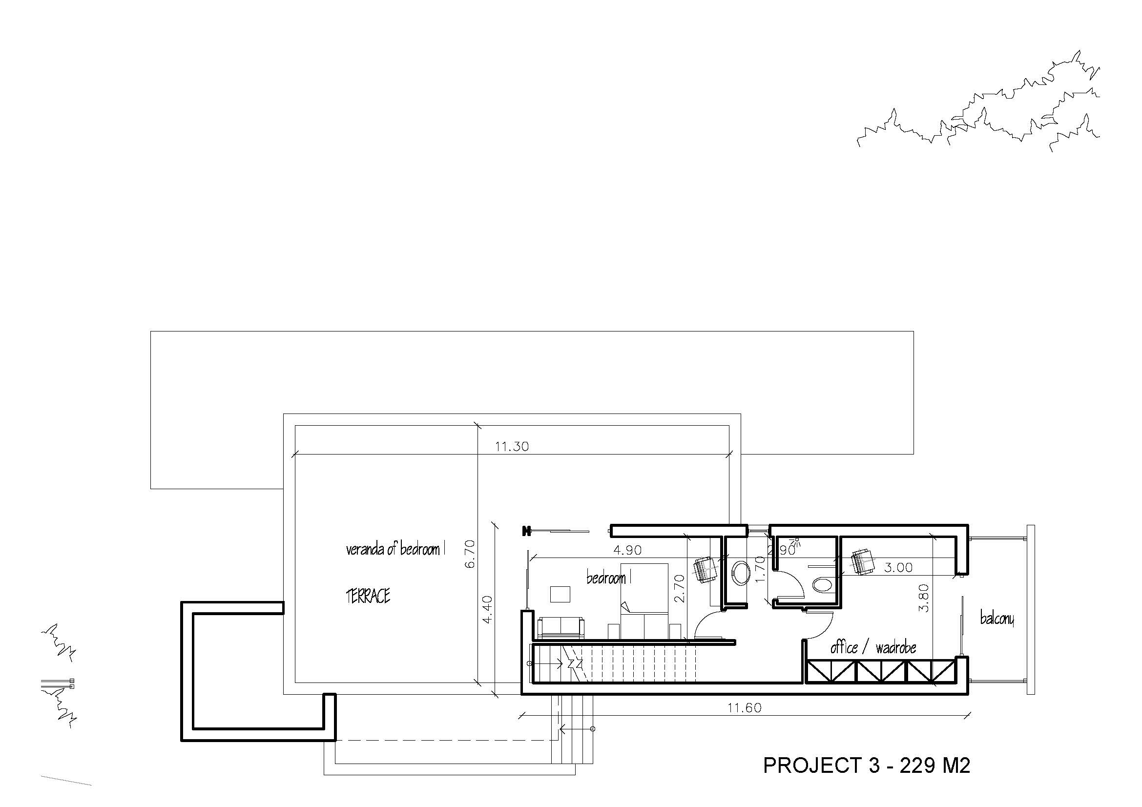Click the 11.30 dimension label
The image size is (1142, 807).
512,447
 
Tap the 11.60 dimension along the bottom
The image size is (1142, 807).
745,707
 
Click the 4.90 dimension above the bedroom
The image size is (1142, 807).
627,550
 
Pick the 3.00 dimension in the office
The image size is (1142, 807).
898,567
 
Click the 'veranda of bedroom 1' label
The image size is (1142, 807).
395,549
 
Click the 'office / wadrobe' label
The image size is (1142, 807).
873,647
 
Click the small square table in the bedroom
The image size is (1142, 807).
561,594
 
